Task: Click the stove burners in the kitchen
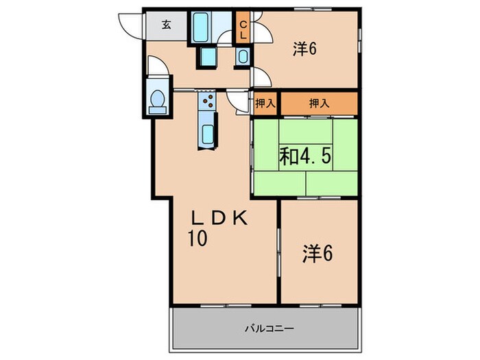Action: tap(208, 104)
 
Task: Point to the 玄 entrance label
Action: tap(167, 26)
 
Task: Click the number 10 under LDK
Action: tap(199, 239)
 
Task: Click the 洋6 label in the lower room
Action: tap(317, 254)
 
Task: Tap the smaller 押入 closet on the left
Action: tap(265, 104)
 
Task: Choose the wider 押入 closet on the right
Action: tap(317, 104)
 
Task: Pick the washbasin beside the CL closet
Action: tap(243, 57)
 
